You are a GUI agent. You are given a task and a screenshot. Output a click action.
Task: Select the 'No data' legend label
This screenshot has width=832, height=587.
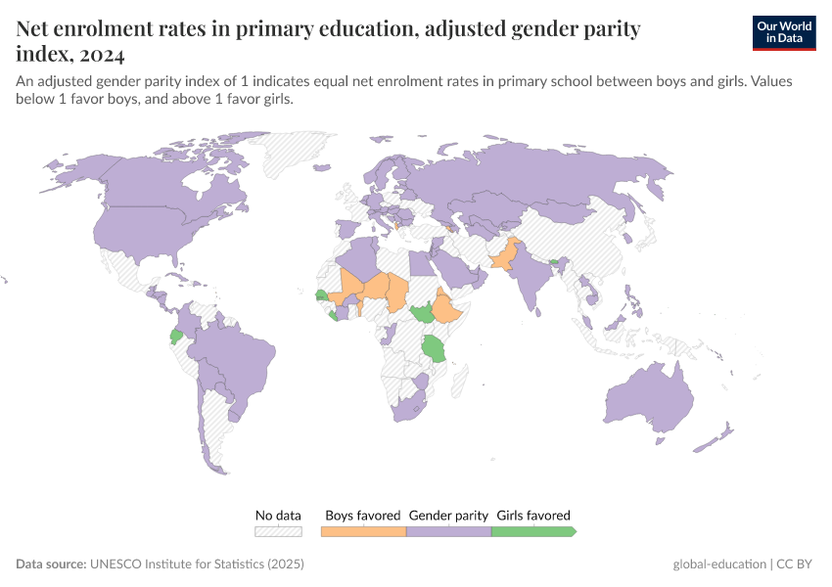[278, 515]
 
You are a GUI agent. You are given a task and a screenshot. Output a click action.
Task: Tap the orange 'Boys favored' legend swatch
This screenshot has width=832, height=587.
[363, 531]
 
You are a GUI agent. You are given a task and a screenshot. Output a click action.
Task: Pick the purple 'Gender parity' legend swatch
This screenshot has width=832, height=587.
[447, 531]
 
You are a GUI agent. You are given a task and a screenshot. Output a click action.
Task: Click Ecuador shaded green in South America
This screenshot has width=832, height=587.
[176, 336]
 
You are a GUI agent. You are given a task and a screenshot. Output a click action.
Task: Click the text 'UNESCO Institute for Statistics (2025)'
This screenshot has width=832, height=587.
[197, 564]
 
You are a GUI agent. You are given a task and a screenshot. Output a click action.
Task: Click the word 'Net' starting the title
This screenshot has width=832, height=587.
[34, 29]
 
